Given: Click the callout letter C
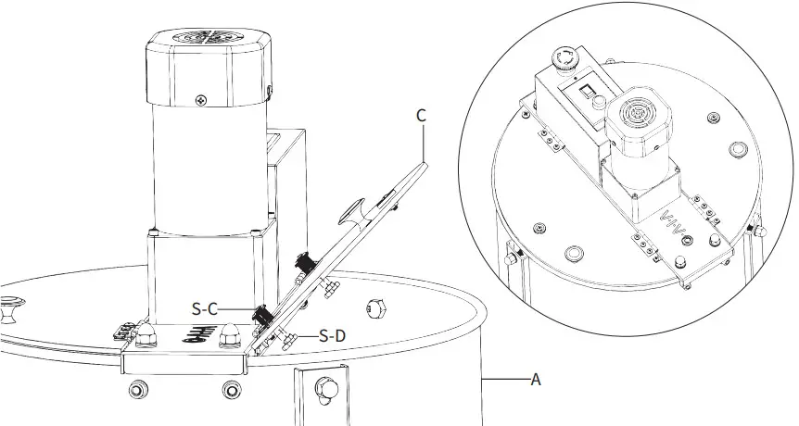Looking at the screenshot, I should coord(421,116).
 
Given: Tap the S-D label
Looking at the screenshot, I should coord(332,335).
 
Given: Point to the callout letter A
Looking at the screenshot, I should coord(535,379).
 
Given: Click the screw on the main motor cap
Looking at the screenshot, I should coord(201,98).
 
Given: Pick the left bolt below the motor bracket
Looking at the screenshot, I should coord(136,390).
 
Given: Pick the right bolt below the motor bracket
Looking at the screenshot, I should coord(233,390).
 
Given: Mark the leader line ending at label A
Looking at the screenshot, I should coord(504,379).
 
